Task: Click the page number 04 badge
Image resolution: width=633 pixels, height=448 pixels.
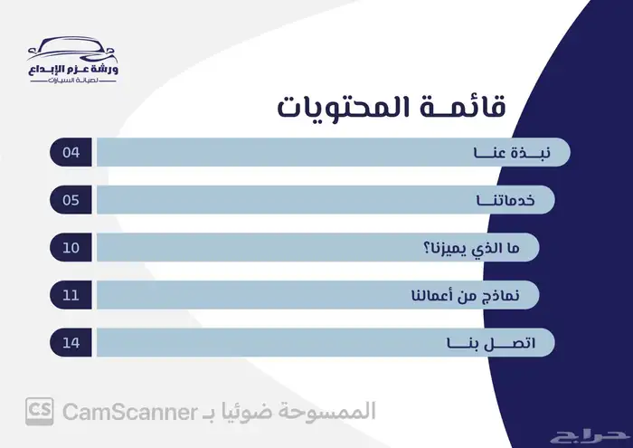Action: [71, 152]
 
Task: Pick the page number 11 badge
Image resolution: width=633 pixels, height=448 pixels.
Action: [71, 295]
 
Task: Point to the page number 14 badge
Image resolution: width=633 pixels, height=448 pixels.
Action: [71, 343]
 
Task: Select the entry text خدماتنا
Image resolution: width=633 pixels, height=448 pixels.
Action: [496, 200]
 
